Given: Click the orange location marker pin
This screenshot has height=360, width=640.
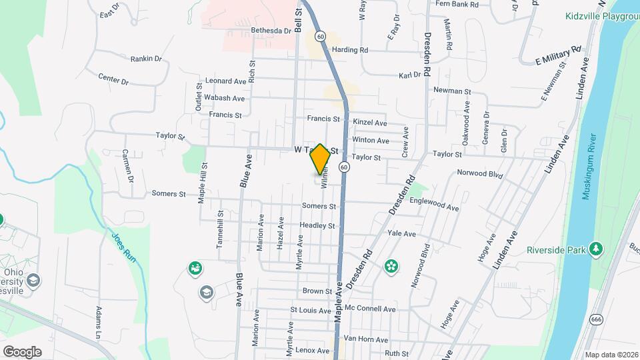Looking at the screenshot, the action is (320, 159).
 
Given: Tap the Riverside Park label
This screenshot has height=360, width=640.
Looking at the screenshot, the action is (555, 250).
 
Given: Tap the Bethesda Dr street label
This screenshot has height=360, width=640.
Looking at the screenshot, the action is (271, 31).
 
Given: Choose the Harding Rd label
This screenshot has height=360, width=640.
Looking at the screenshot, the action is (351, 50).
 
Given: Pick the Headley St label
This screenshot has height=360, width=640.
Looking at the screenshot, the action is (317, 226).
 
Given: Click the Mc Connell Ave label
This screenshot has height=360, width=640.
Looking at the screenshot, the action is (371, 309).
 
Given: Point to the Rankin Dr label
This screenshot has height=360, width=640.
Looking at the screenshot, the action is (146, 59).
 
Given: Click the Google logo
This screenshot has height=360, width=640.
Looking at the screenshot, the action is (22, 351).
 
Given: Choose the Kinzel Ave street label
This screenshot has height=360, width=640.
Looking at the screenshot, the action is (370, 123).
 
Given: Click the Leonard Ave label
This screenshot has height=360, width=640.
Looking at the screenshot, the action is (226, 81).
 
